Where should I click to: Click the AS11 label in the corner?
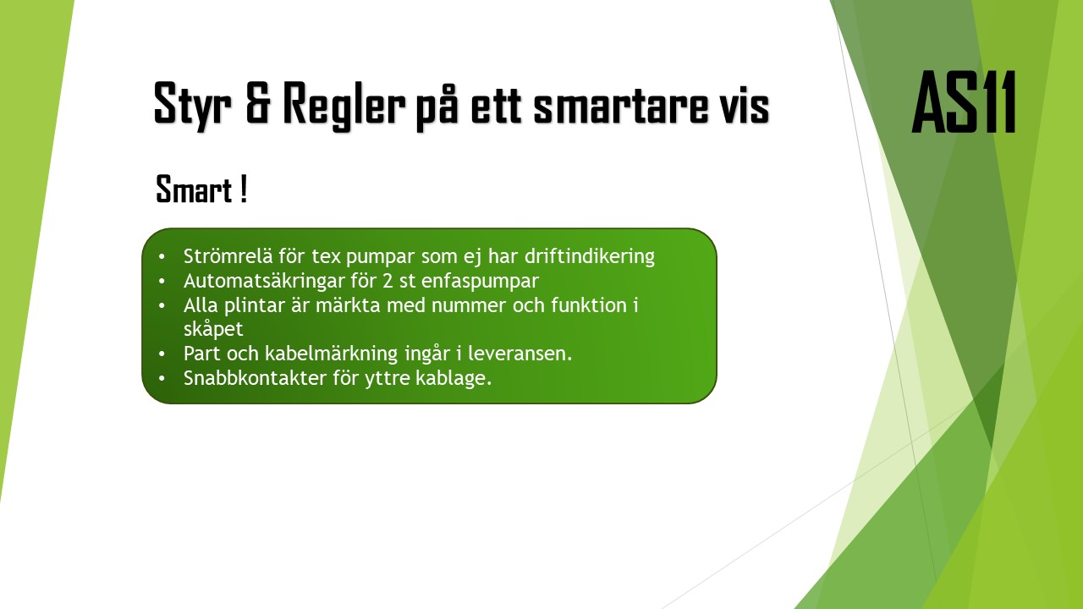(x=964, y=102)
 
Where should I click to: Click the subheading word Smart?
(x=194, y=189)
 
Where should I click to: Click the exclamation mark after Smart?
(x=244, y=189)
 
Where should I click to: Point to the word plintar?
(x=251, y=304)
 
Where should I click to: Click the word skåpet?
(x=213, y=329)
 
